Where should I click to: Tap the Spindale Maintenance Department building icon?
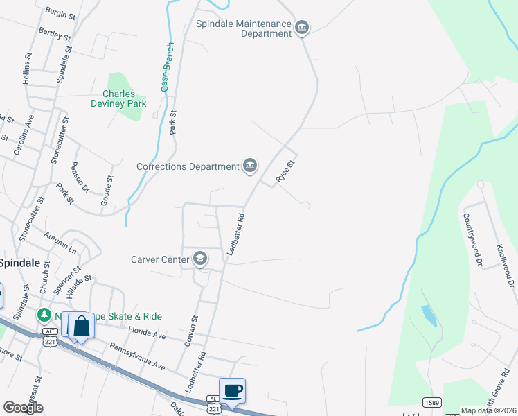pyautogui.click(x=302, y=28)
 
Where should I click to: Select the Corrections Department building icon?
pyautogui.click(x=250, y=166)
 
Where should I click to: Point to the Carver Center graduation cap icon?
pyautogui.click(x=201, y=259)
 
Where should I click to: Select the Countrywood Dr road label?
pyautogui.click(x=478, y=243)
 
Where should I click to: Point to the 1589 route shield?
pyautogui.click(x=432, y=403)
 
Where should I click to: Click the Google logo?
pyautogui.click(x=24, y=407)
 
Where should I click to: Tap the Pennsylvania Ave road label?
pyautogui.click(x=137, y=356)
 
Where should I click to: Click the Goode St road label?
pyautogui.click(x=107, y=189)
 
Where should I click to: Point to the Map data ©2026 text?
pyautogui.click(x=488, y=410)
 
